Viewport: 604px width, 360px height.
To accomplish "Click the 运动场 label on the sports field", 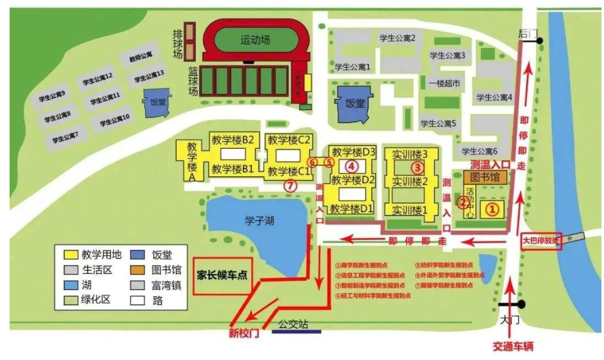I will (256, 40).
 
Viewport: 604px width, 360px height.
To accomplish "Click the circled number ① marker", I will (491, 207).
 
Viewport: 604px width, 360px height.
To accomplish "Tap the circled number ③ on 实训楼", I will (418, 168).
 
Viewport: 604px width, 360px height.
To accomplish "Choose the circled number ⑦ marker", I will (290, 186).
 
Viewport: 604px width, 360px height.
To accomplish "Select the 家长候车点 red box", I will (223, 276).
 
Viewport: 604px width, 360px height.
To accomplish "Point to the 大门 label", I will (507, 316).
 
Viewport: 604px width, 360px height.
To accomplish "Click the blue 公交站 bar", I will (296, 331).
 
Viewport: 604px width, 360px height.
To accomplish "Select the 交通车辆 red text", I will (513, 347).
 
